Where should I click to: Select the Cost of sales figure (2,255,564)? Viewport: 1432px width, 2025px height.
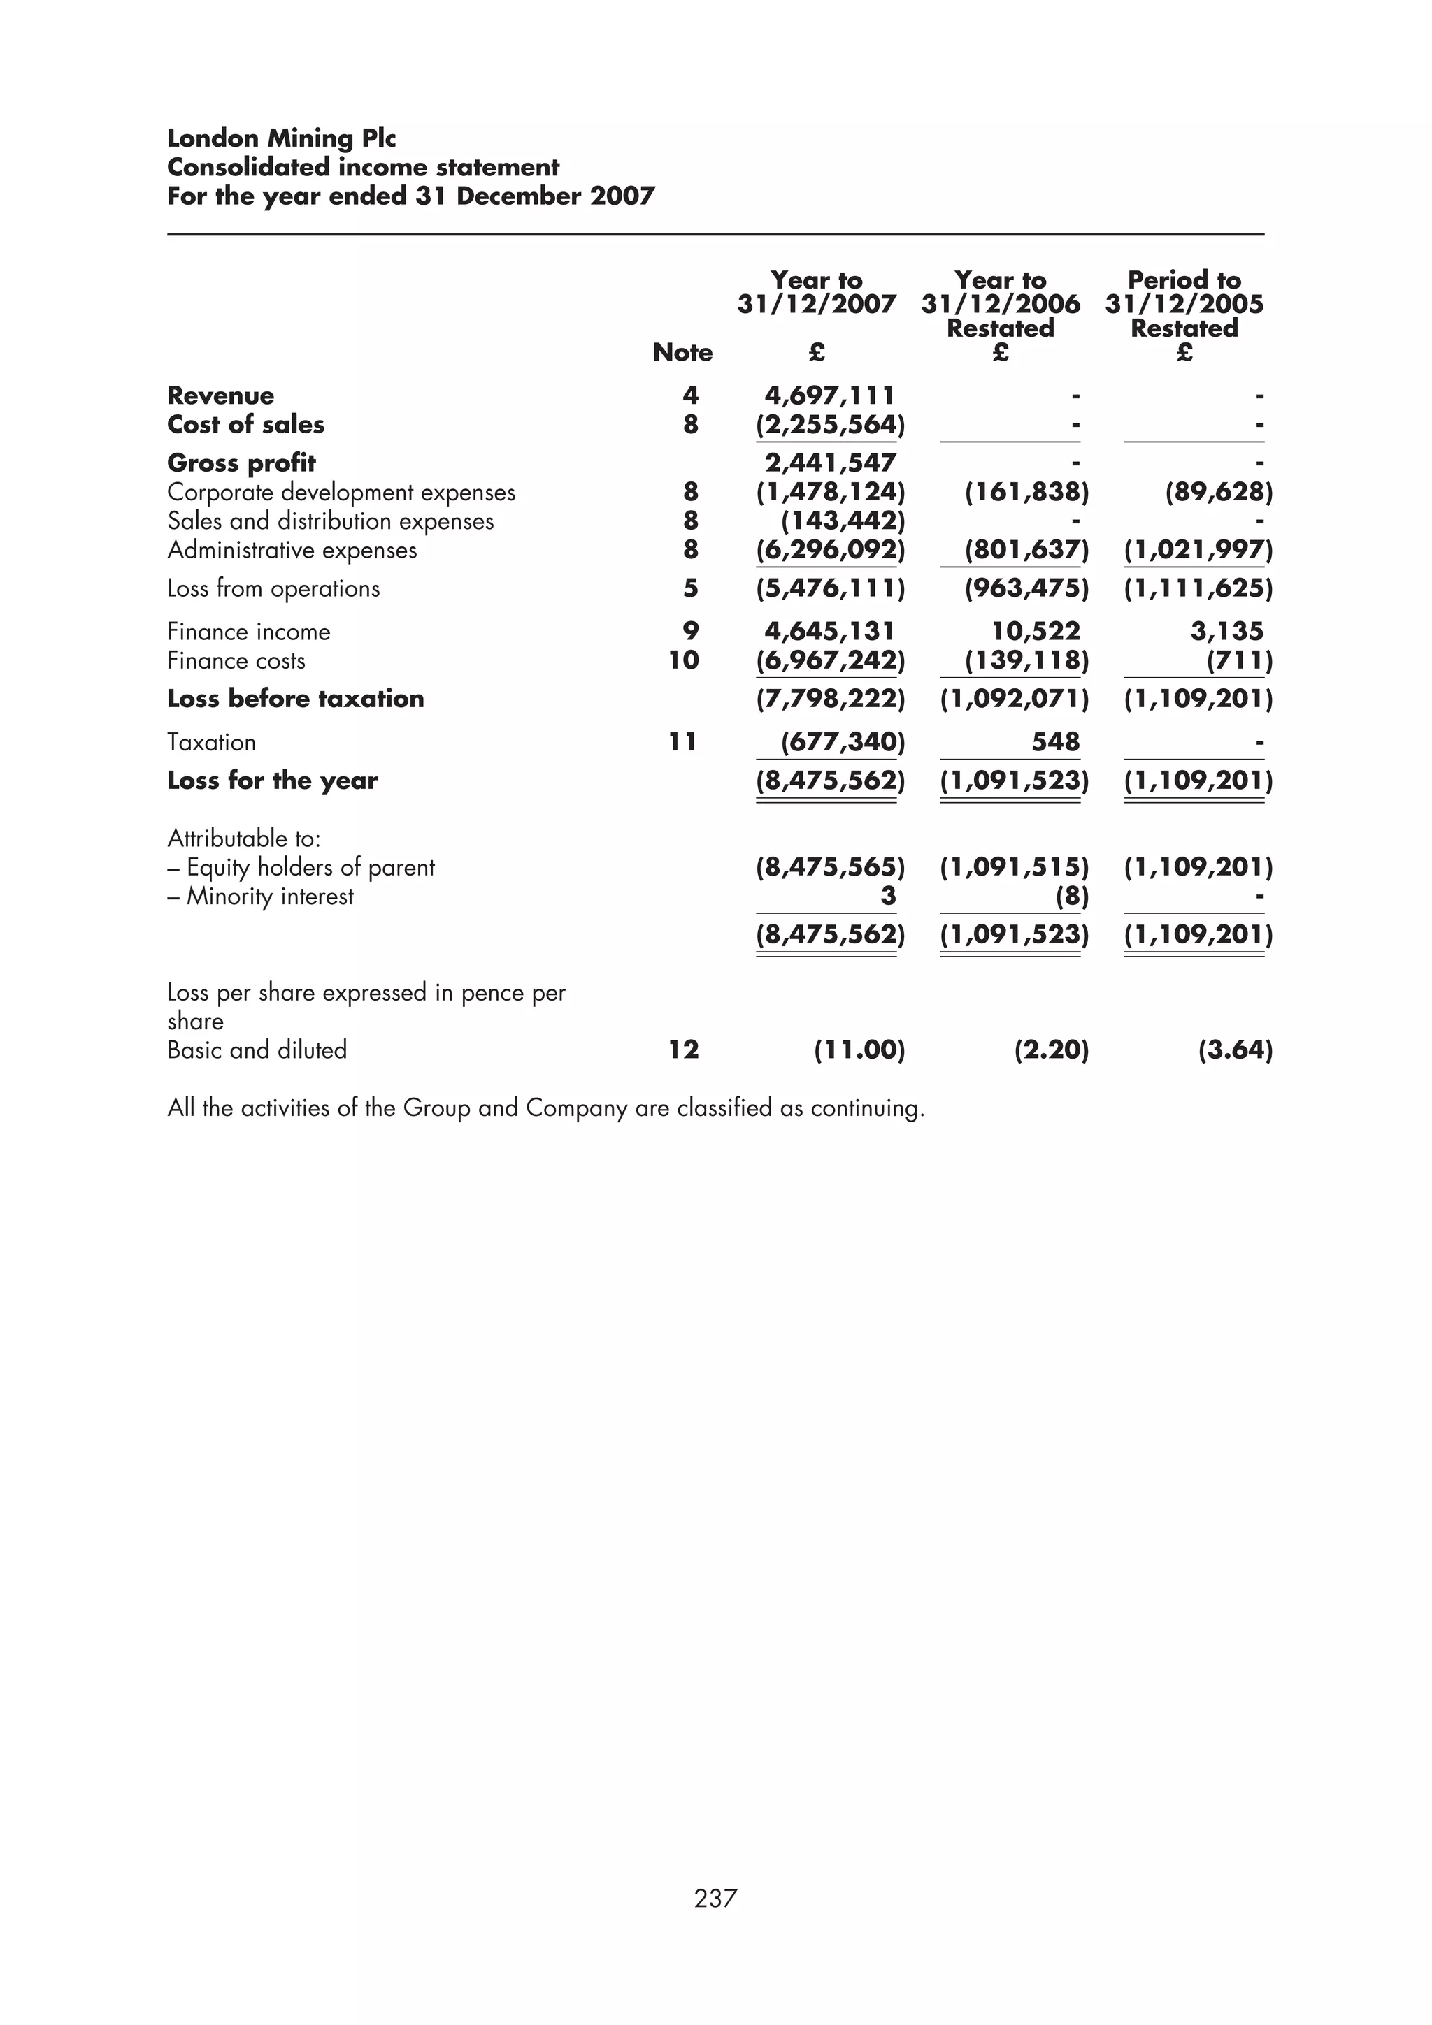pyautogui.click(x=829, y=424)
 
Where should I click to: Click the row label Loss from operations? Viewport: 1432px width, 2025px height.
pyautogui.click(x=273, y=588)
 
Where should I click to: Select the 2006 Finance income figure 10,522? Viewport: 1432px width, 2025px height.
pyautogui.click(x=1035, y=632)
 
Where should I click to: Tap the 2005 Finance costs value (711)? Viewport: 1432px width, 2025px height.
pyautogui.click(x=1240, y=660)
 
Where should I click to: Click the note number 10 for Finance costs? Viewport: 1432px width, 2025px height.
pyautogui.click(x=684, y=660)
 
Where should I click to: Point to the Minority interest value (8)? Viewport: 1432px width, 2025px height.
pyautogui.click(x=1072, y=896)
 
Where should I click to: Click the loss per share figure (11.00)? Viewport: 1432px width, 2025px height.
pyautogui.click(x=859, y=1050)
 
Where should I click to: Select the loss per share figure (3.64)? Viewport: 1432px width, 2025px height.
pyautogui.click(x=1234, y=1050)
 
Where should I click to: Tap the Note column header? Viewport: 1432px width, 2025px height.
pyautogui.click(x=682, y=352)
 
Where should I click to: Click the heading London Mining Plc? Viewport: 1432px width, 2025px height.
pyautogui.click(x=282, y=138)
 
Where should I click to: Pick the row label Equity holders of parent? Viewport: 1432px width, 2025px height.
pyautogui.click(x=310, y=867)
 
